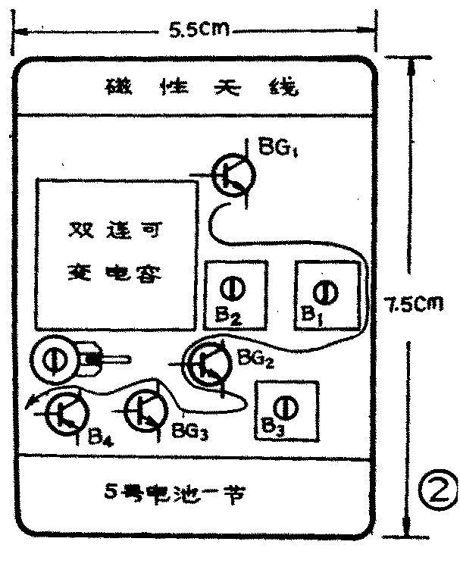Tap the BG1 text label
point(278,147)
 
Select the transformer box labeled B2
point(236,296)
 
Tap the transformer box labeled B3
point(285,412)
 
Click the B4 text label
point(101,437)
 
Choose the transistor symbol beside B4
point(64,413)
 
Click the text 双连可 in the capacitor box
point(113,229)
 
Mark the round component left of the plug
point(56,359)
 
